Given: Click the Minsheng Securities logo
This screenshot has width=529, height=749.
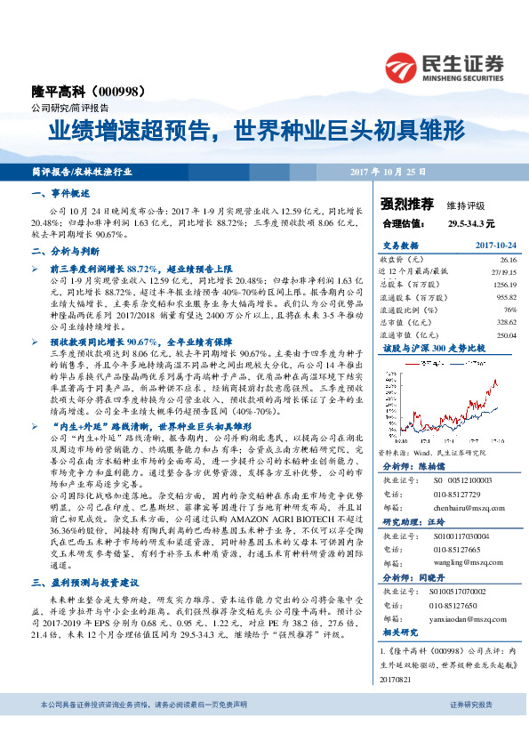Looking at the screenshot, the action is pos(445,65).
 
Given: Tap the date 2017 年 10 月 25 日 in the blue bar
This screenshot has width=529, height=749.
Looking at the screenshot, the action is pos(387,170).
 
